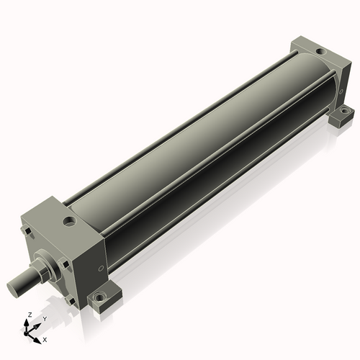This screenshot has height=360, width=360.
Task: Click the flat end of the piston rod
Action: click(12, 288)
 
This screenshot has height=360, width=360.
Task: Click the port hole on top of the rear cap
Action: click(320, 51)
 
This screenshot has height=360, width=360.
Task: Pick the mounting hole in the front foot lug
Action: click(99, 297)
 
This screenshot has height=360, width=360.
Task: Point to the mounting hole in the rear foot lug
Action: click(344, 111)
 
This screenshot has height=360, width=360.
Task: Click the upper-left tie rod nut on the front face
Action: click(27, 231)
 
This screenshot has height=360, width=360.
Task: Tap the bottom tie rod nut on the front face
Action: click(70, 300)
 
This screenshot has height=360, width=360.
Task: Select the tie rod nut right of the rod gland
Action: click(64, 264)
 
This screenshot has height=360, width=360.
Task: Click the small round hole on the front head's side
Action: click(102, 269)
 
